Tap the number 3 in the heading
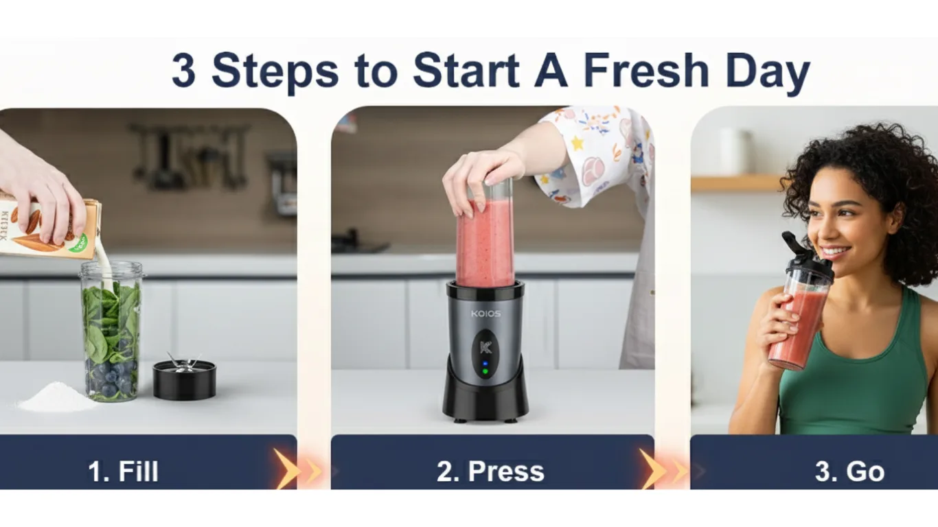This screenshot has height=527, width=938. tap(183, 71)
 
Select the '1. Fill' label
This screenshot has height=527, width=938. tap(123, 471)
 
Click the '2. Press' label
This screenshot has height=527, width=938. tap(490, 471)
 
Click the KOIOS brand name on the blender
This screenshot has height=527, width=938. tap(485, 314)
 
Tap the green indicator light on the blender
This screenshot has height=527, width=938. tap(485, 372)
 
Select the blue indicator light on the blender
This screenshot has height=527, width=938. tap(485, 364)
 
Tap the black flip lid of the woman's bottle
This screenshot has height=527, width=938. tap(803, 255)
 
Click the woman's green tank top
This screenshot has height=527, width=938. tap(858, 384)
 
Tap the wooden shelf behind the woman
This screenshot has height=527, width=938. tap(735, 183)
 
